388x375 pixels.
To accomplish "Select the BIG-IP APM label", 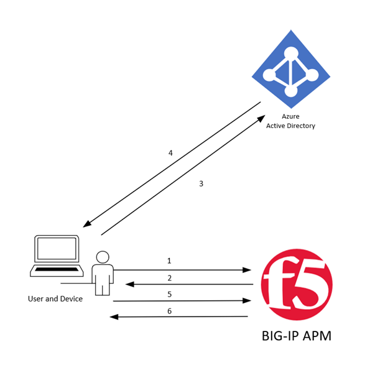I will point(297,336).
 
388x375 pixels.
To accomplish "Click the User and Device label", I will point(55,299).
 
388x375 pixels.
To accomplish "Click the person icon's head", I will point(103,256).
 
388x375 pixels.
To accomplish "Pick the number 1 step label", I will point(169,261).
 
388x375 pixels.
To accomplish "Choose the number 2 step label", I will point(169,277).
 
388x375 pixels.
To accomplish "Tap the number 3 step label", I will point(201,183).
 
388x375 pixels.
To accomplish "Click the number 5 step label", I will point(169,294).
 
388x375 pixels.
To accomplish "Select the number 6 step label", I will point(169,310).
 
